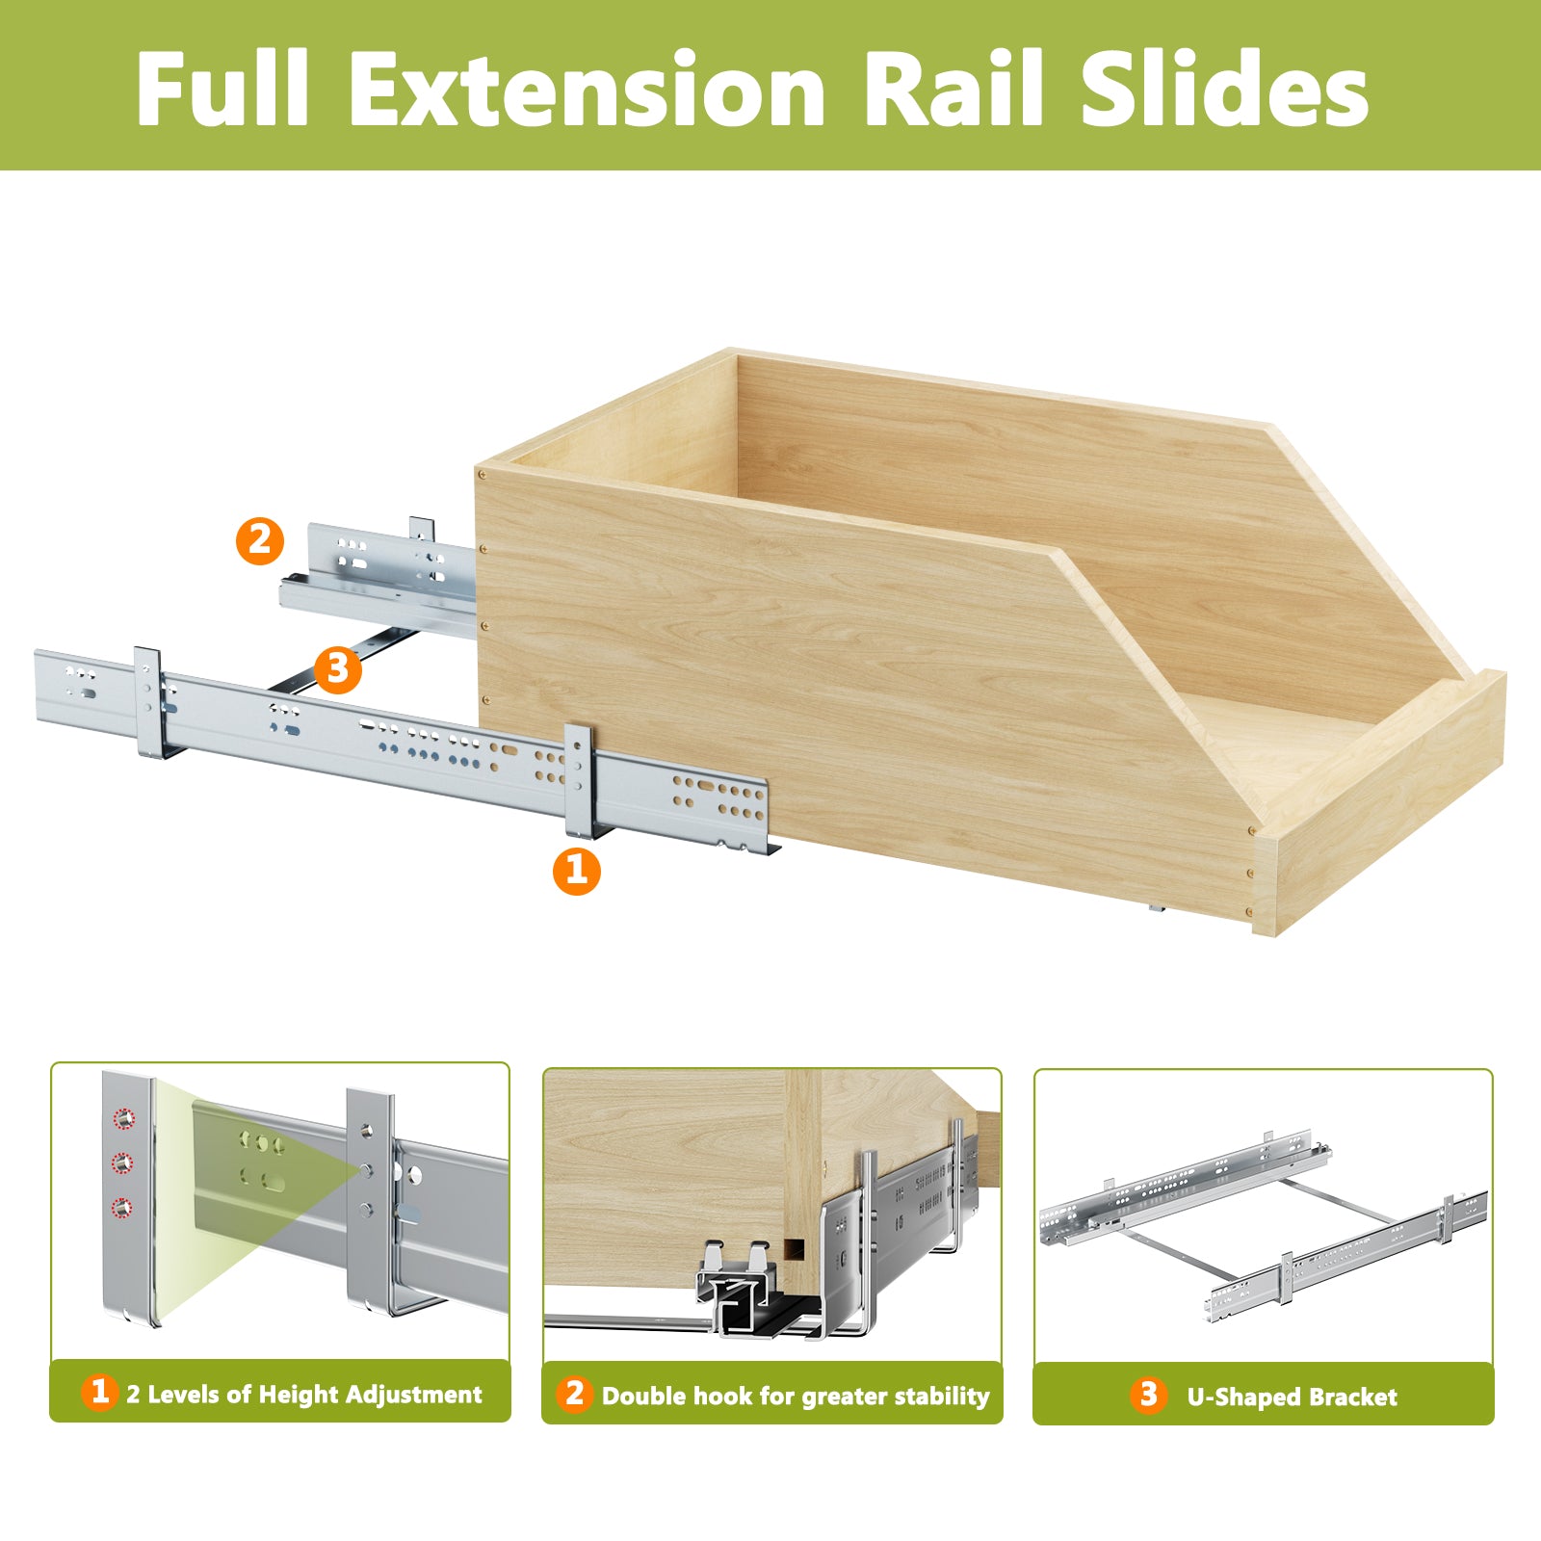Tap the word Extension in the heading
(x=587, y=89)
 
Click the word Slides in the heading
(x=1224, y=89)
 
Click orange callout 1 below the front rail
(x=576, y=871)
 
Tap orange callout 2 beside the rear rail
(x=260, y=541)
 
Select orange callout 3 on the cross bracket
(x=337, y=667)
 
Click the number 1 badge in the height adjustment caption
(x=99, y=1392)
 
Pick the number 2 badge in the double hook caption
(x=574, y=1393)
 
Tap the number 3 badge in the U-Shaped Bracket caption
(x=1147, y=1394)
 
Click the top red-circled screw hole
(x=123, y=1119)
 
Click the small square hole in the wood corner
(x=794, y=1250)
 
